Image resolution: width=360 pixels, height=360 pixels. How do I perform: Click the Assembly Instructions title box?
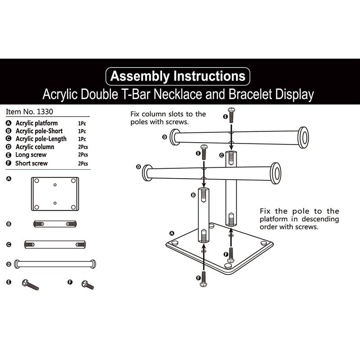[178, 76]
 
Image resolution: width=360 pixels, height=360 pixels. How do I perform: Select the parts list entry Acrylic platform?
[36, 123]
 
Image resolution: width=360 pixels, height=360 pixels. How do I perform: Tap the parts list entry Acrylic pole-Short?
[38, 131]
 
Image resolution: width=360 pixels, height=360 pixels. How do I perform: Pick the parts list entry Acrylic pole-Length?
[41, 139]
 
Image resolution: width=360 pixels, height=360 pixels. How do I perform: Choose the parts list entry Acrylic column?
[35, 147]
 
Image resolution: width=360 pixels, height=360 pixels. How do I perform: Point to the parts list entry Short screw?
[31, 163]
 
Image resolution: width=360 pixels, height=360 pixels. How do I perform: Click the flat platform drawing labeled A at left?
[54, 193]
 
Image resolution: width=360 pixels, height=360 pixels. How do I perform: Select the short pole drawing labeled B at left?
[54, 224]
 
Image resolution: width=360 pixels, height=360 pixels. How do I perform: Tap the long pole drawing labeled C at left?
[54, 244]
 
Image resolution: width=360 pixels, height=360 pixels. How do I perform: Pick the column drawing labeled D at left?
[55, 264]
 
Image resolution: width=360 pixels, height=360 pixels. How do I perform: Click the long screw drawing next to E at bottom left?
[30, 284]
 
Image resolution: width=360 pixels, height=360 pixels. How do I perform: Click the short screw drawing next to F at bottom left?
[87, 285]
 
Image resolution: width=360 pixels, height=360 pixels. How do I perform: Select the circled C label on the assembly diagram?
[221, 155]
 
